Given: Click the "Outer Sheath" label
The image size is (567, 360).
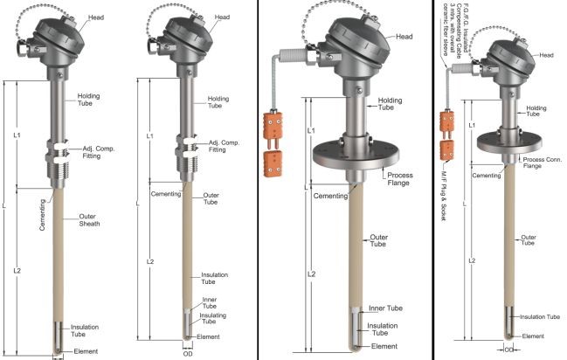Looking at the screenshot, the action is pyautogui.click(x=89, y=220).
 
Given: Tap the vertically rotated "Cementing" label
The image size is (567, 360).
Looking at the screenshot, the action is pyautogui.click(x=43, y=215).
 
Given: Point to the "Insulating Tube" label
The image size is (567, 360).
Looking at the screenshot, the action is pyautogui.click(x=212, y=318).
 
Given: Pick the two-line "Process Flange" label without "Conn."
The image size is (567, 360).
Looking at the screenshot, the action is pyautogui.click(x=399, y=179).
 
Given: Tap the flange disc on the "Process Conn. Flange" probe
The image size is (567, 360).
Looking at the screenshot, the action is pyautogui.click(x=509, y=142).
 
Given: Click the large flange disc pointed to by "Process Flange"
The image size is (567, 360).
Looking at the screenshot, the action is pyautogui.click(x=356, y=155).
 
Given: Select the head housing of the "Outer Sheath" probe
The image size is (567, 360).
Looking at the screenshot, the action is pyautogui.click(x=57, y=41).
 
